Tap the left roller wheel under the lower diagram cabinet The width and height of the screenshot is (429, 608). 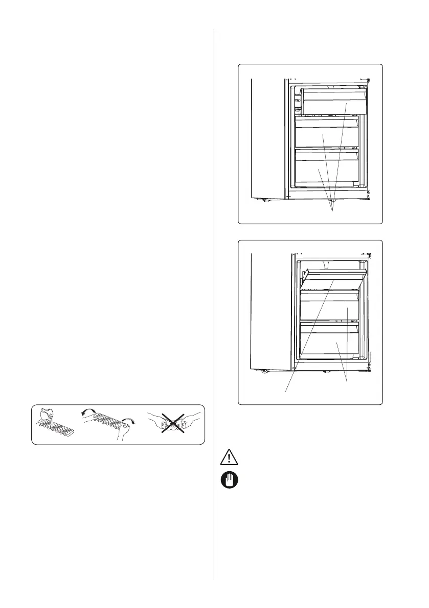(265, 371)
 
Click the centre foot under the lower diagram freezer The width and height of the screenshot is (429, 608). (325, 372)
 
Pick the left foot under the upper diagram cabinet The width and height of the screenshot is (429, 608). (264, 200)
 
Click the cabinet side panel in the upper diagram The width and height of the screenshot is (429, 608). (266, 138)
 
